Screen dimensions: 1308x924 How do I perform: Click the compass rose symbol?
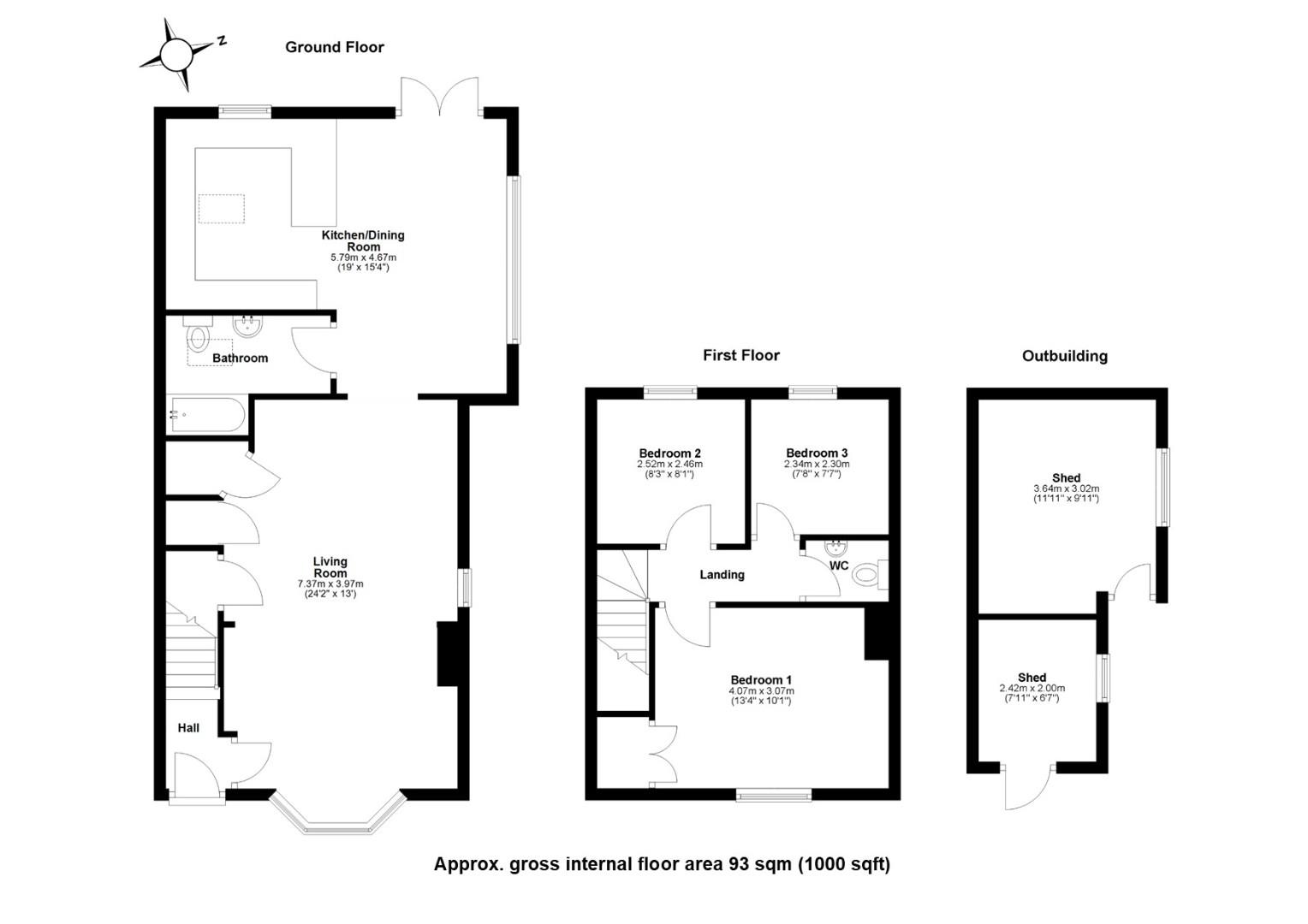coord(176,55)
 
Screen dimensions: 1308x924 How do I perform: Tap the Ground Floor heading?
coord(335,47)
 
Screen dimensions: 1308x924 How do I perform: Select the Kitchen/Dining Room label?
coord(363,240)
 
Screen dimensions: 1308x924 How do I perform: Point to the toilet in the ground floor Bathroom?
coord(198,334)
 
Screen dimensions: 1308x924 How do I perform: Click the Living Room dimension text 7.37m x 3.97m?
coord(330,583)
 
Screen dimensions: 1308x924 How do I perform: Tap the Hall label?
coord(188,728)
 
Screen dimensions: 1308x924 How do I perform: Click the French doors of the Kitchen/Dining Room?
coord(440,97)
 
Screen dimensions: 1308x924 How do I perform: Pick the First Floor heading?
coord(741,355)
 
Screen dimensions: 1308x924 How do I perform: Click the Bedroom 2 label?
coord(669,453)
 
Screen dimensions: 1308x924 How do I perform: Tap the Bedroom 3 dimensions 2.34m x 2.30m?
coord(817,464)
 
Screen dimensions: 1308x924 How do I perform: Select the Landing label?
coord(722,574)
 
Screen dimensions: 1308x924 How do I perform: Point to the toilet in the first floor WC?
coord(870,575)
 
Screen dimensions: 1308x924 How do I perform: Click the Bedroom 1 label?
coord(762,680)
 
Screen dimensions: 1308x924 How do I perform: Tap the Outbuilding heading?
coord(1065,355)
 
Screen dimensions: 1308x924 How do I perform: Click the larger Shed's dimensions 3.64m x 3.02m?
coord(1067,489)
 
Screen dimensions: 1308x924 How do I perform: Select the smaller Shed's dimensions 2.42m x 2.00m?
coord(1032,688)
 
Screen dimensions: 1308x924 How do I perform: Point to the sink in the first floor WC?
coord(835,548)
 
